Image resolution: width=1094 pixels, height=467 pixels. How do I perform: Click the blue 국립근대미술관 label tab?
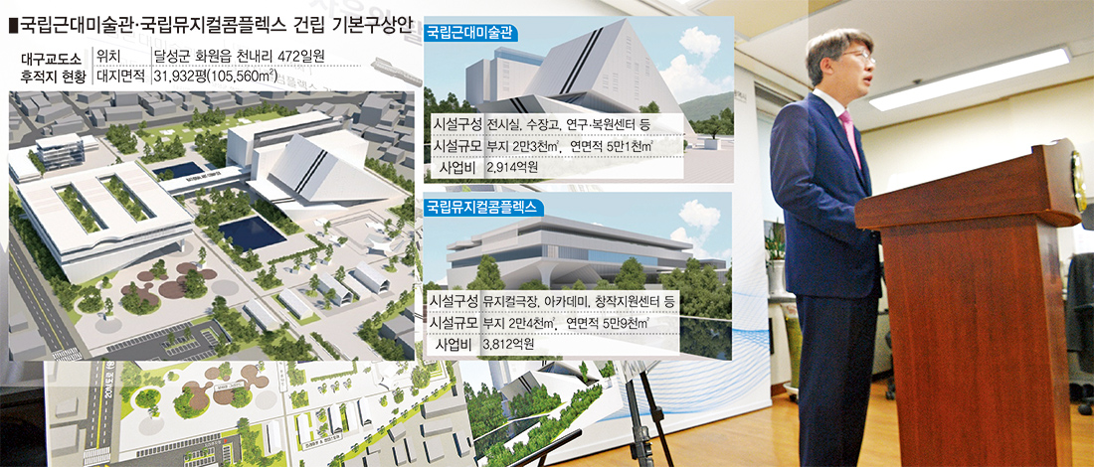pyautogui.click(x=469, y=32)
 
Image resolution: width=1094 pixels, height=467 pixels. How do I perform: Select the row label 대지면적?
pyautogui.click(x=120, y=76)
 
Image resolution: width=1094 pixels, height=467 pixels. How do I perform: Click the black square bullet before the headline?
pyautogui.click(x=12, y=26)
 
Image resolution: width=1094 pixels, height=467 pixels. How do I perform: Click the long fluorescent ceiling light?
pyautogui.click(x=970, y=78)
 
